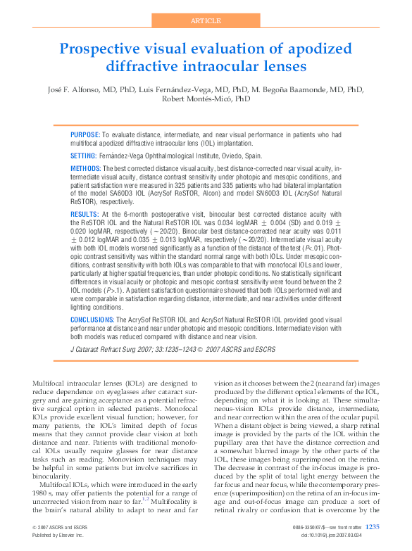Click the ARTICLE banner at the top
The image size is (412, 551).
pyautogui.click(x=206, y=20)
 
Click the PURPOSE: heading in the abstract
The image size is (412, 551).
pyautogui.click(x=85, y=134)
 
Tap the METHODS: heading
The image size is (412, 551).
pyautogui.click(x=86, y=170)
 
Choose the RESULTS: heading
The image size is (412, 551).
pyautogui.click(x=85, y=213)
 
